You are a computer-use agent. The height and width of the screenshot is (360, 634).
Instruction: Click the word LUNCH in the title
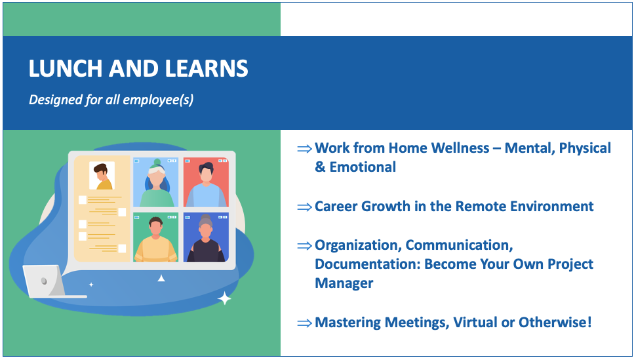tap(66, 68)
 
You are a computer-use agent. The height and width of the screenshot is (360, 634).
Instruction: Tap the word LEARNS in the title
tap(207, 68)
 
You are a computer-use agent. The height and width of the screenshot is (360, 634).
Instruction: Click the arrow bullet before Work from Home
tap(304, 148)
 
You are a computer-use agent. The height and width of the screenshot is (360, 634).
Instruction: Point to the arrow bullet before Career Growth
tap(304, 207)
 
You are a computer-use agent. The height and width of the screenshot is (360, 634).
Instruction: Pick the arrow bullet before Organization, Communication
tap(304, 245)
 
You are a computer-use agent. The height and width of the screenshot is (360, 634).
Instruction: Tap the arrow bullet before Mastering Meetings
tap(304, 323)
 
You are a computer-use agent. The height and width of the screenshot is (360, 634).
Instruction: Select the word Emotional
tap(363, 167)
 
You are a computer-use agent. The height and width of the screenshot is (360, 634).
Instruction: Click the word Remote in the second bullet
tap(481, 207)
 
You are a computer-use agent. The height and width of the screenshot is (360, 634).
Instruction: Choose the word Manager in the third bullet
tap(344, 283)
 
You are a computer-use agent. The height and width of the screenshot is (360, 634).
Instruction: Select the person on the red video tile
tap(206, 185)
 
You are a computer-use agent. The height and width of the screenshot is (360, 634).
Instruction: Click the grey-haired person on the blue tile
tap(206, 239)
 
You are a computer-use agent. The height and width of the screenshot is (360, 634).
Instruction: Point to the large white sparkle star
tap(224, 298)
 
